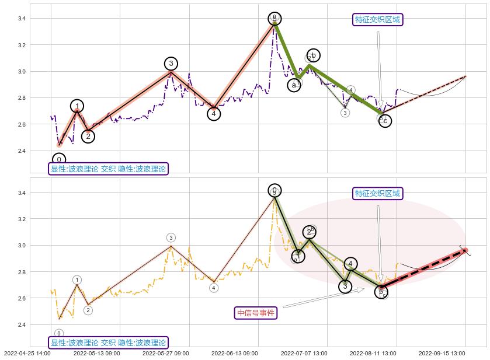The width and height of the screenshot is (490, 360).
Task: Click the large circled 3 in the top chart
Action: point(171,64)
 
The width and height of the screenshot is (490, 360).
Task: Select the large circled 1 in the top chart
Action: point(77,106)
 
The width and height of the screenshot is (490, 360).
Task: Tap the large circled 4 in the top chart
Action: point(214,114)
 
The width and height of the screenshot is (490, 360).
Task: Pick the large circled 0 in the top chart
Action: point(59,159)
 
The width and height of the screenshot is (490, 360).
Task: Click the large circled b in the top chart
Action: point(313,55)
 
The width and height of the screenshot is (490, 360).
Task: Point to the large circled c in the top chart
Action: point(385,121)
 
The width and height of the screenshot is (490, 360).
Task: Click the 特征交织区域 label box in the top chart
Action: point(378,20)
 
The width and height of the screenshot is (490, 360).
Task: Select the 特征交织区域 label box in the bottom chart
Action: point(378,194)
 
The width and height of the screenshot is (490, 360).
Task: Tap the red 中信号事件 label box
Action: point(256,313)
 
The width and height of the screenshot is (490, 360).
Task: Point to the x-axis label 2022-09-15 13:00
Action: point(442,353)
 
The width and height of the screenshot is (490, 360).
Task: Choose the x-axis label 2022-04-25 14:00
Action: point(27,353)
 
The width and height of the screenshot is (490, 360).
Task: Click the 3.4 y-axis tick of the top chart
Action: point(21,19)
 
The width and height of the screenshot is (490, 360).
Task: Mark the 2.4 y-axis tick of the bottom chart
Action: point(21,325)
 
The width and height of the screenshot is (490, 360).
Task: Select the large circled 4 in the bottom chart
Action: point(350,264)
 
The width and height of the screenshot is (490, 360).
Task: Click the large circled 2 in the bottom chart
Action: point(310,232)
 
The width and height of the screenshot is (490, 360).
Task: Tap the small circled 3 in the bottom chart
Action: point(171,237)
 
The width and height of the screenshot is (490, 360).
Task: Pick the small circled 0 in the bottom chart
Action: point(59,333)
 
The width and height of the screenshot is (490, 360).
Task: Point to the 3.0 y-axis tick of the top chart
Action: point(21,72)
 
